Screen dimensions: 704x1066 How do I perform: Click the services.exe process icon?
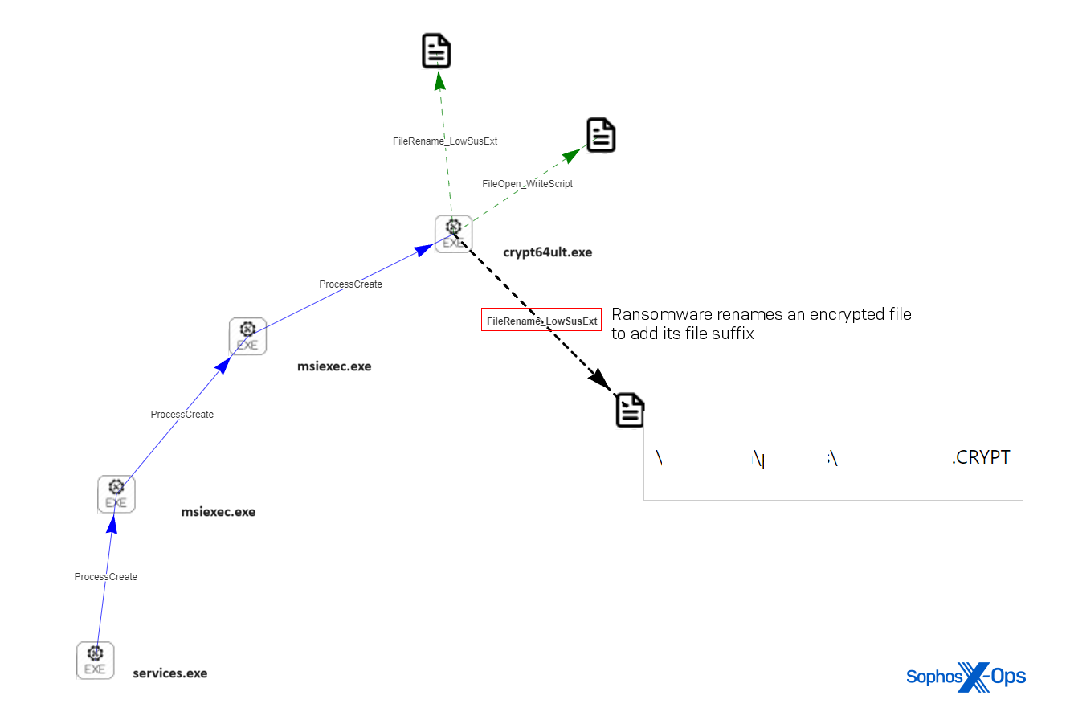(x=95, y=661)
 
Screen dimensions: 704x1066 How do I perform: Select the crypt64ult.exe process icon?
(x=453, y=234)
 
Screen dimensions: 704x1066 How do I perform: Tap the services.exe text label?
(x=169, y=673)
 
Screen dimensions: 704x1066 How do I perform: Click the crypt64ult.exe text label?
(x=547, y=252)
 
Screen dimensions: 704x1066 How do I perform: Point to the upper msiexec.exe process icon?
(x=247, y=336)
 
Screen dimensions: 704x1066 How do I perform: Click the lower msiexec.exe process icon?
(x=116, y=494)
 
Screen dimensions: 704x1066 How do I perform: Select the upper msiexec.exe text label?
(x=334, y=366)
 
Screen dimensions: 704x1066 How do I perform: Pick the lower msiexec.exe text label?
(x=218, y=512)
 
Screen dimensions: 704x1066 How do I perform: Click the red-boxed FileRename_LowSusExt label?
(x=541, y=320)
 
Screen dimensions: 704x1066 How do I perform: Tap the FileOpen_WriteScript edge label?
(x=527, y=184)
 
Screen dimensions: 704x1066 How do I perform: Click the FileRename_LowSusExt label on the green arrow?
(x=444, y=141)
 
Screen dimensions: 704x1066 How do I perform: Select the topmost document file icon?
(x=436, y=51)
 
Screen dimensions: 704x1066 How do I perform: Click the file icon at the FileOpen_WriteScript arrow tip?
(x=601, y=135)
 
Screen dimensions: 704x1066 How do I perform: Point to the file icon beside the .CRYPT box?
(x=630, y=410)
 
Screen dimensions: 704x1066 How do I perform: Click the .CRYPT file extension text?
(x=981, y=457)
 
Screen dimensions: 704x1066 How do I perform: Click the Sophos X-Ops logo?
(x=966, y=677)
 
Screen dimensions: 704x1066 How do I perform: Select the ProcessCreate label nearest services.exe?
(x=106, y=577)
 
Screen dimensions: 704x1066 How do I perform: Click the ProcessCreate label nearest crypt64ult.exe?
(x=350, y=284)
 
